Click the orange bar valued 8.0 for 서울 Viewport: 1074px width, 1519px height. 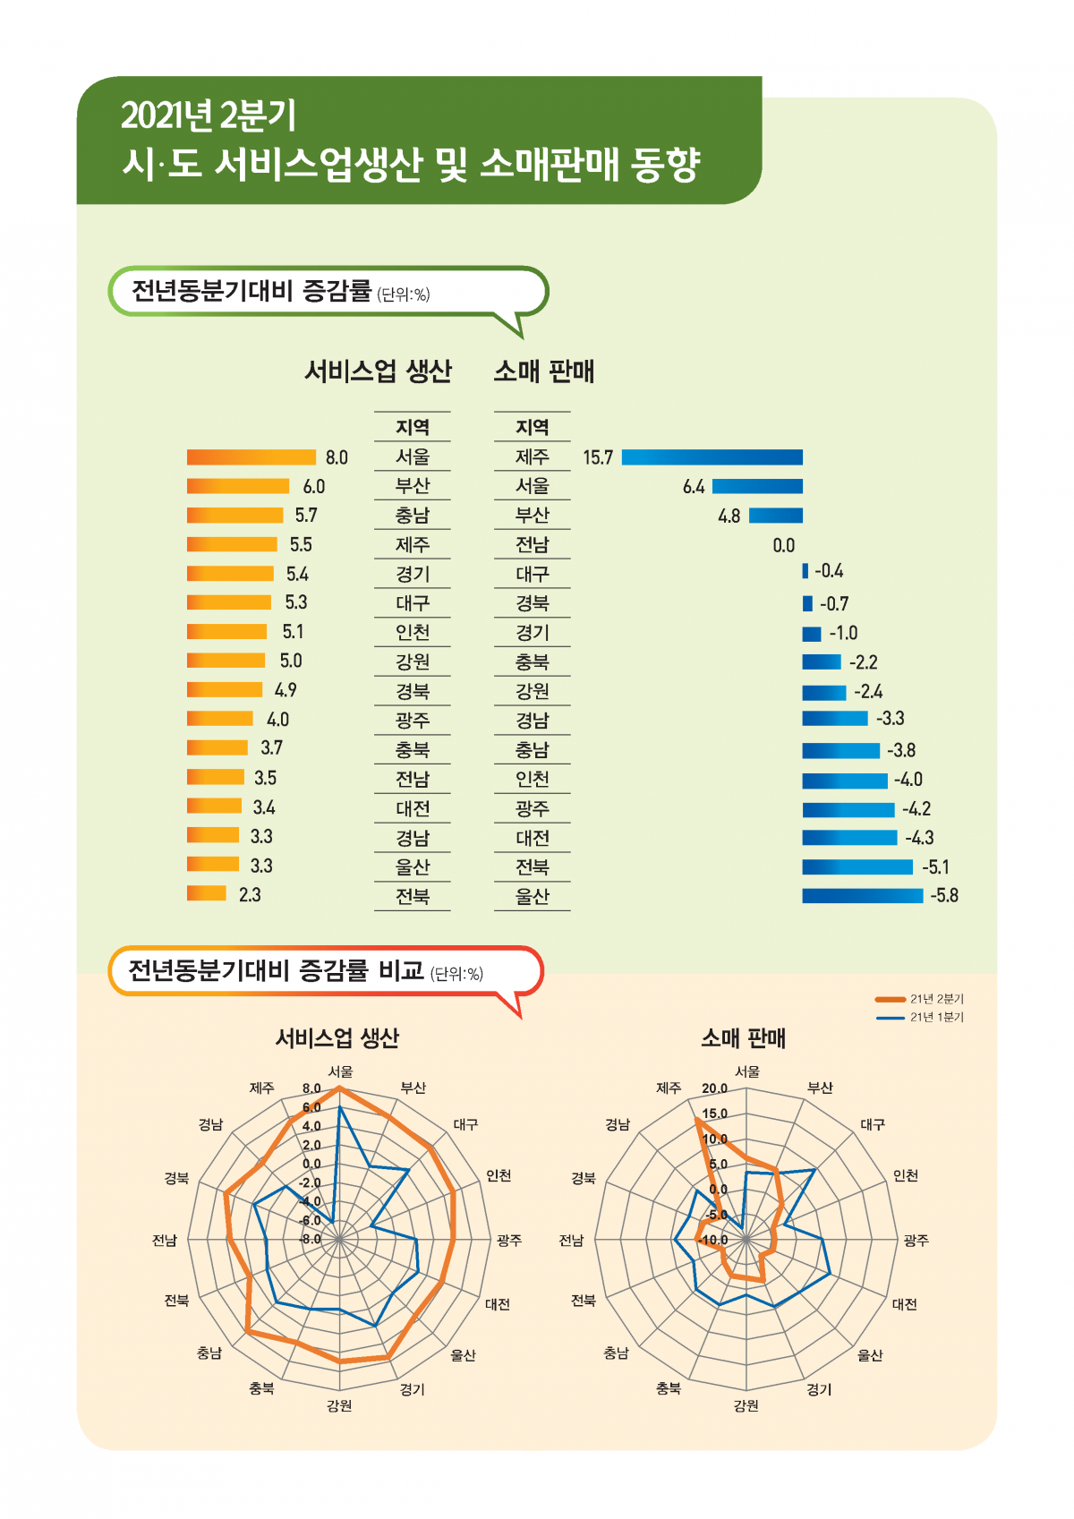251,457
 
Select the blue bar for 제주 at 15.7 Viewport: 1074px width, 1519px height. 712,457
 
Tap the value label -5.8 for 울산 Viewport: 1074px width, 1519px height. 943,895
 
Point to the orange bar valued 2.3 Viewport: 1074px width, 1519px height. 207,893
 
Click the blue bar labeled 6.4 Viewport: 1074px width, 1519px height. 757,486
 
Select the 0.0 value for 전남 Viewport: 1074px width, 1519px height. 783,545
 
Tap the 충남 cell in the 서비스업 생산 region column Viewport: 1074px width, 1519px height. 413,516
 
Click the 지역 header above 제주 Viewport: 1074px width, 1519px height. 532,428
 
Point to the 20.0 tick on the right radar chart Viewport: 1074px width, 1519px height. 714,1088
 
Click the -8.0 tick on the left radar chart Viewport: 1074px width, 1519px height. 311,1240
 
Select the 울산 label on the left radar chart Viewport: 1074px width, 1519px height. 463,1355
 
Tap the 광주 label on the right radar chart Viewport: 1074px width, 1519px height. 916,1240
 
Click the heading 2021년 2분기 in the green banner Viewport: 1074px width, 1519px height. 209,115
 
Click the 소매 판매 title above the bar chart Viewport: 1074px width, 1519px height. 543,371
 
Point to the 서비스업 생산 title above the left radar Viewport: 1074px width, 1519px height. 337,1038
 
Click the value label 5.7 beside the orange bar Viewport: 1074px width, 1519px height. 306,516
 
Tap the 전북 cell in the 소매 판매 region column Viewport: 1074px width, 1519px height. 532,866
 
